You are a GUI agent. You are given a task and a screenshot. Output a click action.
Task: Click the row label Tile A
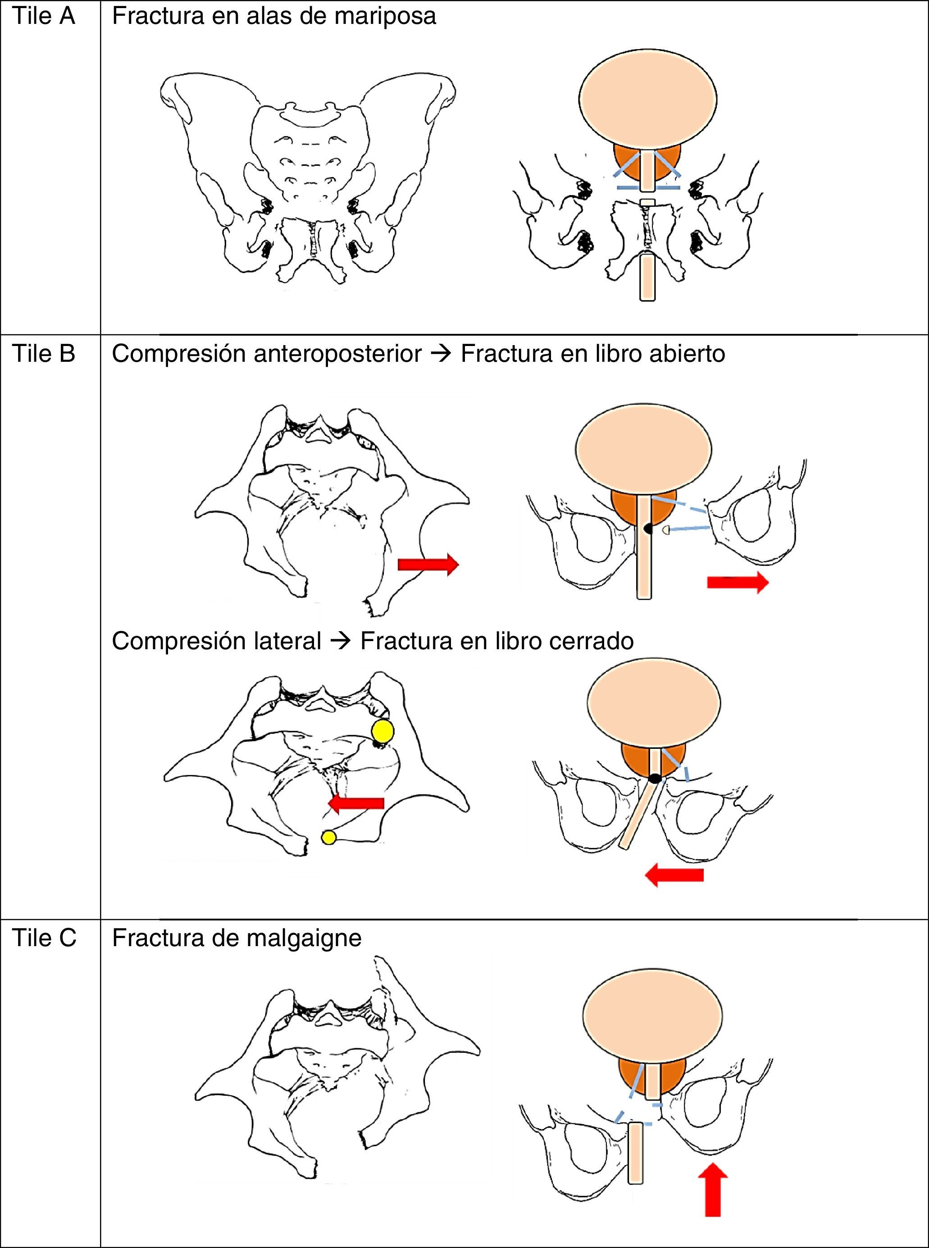(43, 16)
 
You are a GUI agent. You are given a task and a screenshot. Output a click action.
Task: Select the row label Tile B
(43, 354)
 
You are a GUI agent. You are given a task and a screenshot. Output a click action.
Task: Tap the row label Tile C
(44, 938)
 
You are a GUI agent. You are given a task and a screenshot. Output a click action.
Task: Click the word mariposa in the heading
(385, 16)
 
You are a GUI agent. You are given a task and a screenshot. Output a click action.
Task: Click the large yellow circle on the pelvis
(383, 731)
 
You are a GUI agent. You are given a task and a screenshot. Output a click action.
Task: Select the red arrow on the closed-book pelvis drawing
(355, 803)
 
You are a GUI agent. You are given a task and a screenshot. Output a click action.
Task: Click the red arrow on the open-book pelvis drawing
(428, 564)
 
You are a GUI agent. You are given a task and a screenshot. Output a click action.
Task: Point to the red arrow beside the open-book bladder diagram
(737, 583)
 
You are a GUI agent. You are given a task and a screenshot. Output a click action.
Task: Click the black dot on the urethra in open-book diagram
(648, 528)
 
